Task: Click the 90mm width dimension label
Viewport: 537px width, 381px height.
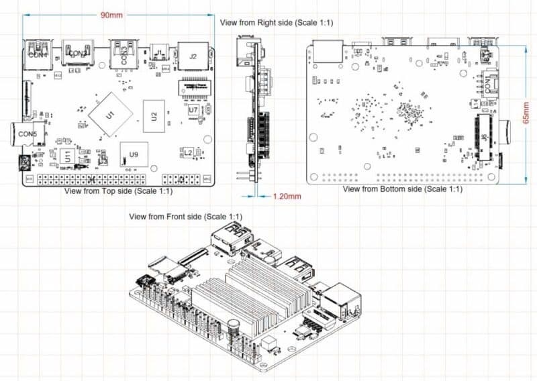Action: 111,15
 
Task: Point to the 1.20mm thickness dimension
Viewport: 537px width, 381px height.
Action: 287,197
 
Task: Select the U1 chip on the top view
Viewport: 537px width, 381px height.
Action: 110,115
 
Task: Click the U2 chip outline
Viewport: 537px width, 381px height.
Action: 154,116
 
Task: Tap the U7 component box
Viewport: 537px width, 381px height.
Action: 193,109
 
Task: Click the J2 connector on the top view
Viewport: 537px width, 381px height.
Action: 193,56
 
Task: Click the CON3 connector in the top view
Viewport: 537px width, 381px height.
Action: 124,53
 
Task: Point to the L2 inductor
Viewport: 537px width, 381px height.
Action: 189,154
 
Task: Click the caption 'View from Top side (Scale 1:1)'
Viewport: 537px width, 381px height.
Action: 119,191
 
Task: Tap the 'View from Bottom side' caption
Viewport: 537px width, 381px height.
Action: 402,190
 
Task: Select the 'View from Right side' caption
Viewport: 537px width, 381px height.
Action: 277,23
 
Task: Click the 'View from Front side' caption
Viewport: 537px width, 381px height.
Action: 186,216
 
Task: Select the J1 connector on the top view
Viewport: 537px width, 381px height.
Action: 160,52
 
